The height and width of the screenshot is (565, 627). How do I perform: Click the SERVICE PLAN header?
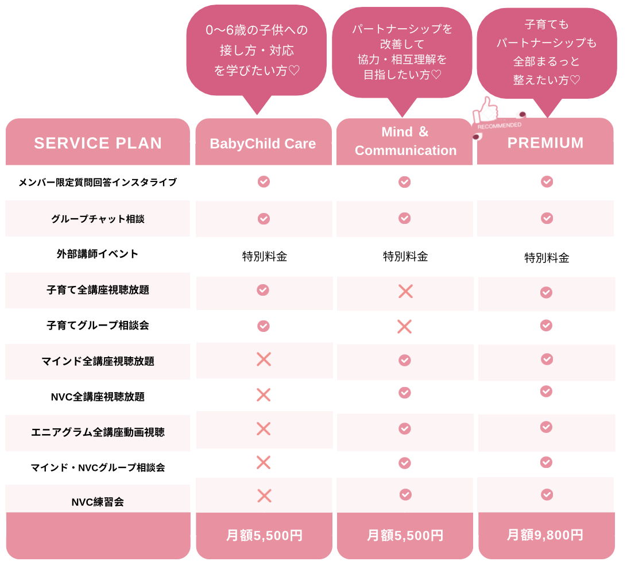tap(98, 143)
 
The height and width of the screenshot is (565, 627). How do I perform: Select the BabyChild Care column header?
tap(263, 143)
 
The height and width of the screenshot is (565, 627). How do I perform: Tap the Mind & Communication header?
tap(405, 141)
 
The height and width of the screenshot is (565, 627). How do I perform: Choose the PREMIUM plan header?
tap(545, 142)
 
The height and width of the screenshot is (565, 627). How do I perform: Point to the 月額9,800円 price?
tap(545, 535)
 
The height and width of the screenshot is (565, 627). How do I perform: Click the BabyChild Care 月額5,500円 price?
tap(264, 535)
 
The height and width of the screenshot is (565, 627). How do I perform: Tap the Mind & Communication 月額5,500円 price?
tap(405, 535)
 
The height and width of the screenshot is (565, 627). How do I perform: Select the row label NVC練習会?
tap(98, 502)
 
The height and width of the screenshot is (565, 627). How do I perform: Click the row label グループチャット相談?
tap(98, 219)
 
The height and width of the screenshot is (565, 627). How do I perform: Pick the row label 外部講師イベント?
tap(98, 254)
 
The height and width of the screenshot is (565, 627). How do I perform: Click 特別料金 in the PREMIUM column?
tap(547, 257)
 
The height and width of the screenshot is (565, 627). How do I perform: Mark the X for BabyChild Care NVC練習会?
tap(264, 496)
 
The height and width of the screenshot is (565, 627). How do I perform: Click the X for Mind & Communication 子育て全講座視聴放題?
tap(405, 291)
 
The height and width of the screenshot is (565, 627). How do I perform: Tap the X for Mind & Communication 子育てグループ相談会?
tap(405, 326)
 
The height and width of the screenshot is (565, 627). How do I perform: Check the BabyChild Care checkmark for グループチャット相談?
tap(264, 219)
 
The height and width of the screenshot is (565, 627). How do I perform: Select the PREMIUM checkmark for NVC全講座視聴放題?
tap(546, 391)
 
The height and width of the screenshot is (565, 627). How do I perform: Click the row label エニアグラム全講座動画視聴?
tap(98, 432)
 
